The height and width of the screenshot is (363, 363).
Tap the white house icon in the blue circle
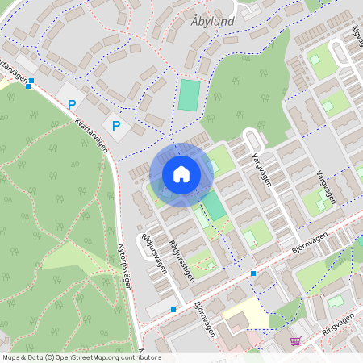click(181, 173)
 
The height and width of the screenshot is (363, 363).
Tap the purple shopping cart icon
click(295, 341)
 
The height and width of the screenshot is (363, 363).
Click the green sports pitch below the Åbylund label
click(188, 95)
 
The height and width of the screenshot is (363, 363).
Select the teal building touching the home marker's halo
click(215, 205)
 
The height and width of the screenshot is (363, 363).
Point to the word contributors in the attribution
click(142, 357)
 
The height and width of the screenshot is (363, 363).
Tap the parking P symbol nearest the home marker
click(116, 125)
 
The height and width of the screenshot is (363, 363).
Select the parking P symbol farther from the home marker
click(73, 104)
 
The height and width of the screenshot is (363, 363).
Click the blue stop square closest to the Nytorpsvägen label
click(173, 309)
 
